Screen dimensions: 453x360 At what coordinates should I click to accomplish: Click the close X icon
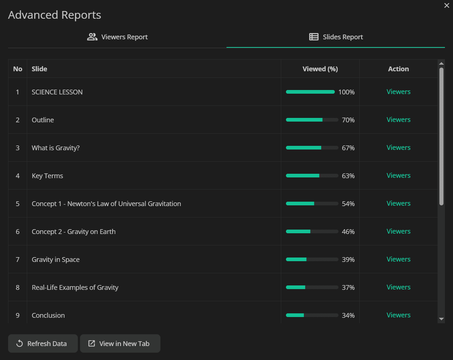click(446, 5)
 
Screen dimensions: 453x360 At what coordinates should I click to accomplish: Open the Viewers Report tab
click(117, 37)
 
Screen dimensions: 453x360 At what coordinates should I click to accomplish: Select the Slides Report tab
click(336, 37)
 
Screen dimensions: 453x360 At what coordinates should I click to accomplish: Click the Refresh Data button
click(43, 343)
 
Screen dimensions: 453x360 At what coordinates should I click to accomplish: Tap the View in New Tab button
click(120, 343)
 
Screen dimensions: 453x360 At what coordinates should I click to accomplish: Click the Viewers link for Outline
click(398, 120)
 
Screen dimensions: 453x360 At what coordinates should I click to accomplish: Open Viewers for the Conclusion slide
click(398, 315)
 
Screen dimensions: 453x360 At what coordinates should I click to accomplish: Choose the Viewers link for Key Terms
click(398, 176)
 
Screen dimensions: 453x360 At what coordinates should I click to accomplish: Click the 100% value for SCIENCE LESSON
click(346, 92)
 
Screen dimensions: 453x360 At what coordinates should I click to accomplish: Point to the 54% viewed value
click(348, 204)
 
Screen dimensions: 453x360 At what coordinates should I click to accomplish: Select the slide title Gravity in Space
click(55, 259)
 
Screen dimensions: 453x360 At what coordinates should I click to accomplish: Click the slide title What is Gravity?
click(55, 148)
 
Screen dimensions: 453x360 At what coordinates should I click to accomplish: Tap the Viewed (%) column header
click(320, 69)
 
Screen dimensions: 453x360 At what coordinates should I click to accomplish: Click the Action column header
click(398, 69)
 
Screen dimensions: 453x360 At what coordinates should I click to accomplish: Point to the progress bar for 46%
click(312, 231)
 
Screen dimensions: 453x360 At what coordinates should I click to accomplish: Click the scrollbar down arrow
click(441, 319)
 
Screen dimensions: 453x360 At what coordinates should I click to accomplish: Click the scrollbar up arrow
click(441, 64)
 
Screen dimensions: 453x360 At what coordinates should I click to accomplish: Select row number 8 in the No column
click(18, 287)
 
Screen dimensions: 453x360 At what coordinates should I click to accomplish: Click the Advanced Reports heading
click(55, 15)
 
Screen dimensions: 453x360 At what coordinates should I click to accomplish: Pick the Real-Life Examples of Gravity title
click(75, 287)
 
